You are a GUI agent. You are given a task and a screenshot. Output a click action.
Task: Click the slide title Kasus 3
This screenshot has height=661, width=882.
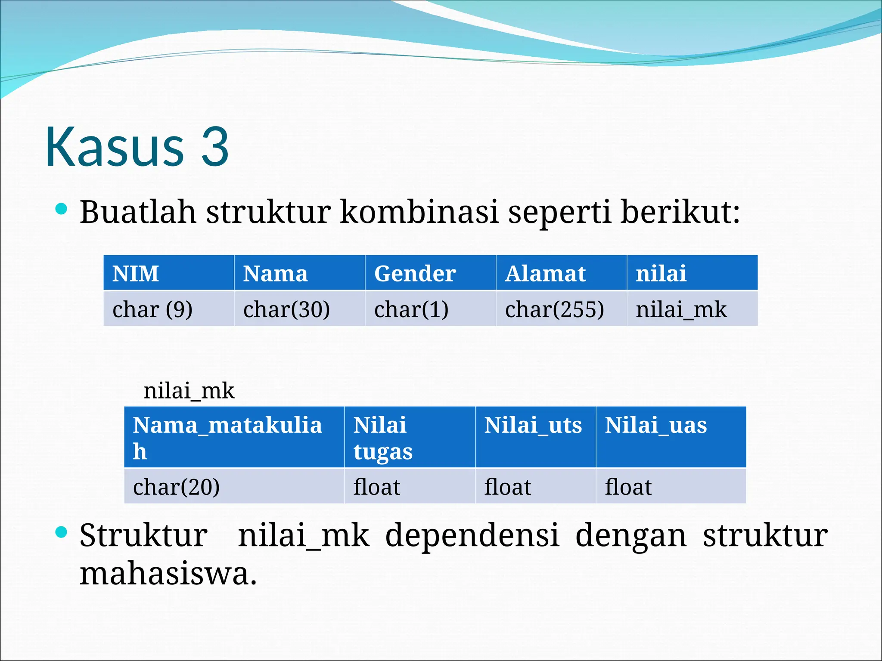click(137, 147)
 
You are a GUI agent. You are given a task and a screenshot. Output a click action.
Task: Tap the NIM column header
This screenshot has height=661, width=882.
click(168, 273)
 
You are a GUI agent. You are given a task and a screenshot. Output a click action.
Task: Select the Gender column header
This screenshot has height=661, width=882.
click(430, 273)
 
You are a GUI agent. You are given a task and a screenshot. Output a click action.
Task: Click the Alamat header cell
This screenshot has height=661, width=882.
click(561, 273)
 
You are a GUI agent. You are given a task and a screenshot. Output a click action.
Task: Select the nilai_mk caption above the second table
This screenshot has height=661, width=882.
click(189, 391)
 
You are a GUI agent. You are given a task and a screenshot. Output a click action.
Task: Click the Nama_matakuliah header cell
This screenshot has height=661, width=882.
click(234, 437)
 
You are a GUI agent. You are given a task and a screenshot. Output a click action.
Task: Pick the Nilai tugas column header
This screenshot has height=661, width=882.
click(409, 437)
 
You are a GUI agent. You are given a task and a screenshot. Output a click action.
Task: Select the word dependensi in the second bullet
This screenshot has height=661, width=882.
click(472, 535)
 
